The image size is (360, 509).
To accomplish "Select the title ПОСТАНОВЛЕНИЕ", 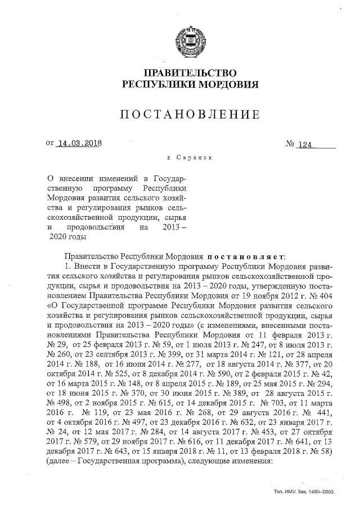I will (190, 115).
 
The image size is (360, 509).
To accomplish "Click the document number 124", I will (304, 145).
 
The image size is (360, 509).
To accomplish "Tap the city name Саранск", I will (194, 160).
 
